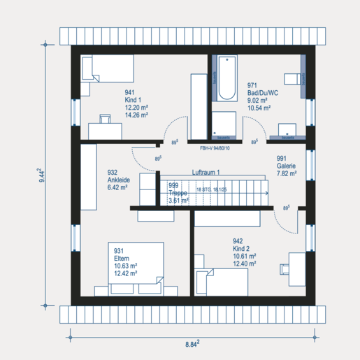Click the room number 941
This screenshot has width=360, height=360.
pos(130,92)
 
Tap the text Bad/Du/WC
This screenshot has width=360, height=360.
pos(263,93)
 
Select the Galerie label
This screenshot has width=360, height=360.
pos(286,166)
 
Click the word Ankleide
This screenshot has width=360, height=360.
pos(120,180)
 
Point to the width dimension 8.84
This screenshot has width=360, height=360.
pos(192,344)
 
